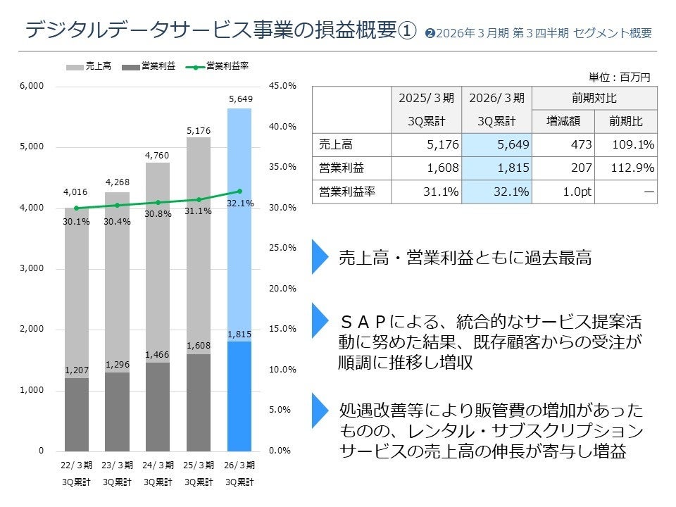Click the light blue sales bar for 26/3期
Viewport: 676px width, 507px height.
click(239, 225)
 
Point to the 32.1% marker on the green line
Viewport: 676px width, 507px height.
click(239, 191)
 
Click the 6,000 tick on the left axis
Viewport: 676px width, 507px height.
click(31, 86)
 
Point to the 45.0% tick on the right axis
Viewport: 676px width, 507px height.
click(282, 86)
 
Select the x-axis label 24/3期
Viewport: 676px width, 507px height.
click(158, 465)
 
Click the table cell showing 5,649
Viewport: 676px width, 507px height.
click(496, 145)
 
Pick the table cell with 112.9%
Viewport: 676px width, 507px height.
click(625, 168)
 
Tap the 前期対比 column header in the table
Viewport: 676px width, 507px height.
click(594, 98)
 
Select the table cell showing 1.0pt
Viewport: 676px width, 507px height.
click(563, 192)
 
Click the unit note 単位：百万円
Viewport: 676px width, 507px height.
click(619, 77)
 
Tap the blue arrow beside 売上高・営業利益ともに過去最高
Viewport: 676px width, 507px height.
click(320, 257)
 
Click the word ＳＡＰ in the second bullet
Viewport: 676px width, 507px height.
click(363, 322)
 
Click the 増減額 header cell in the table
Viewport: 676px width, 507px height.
click(563, 121)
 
